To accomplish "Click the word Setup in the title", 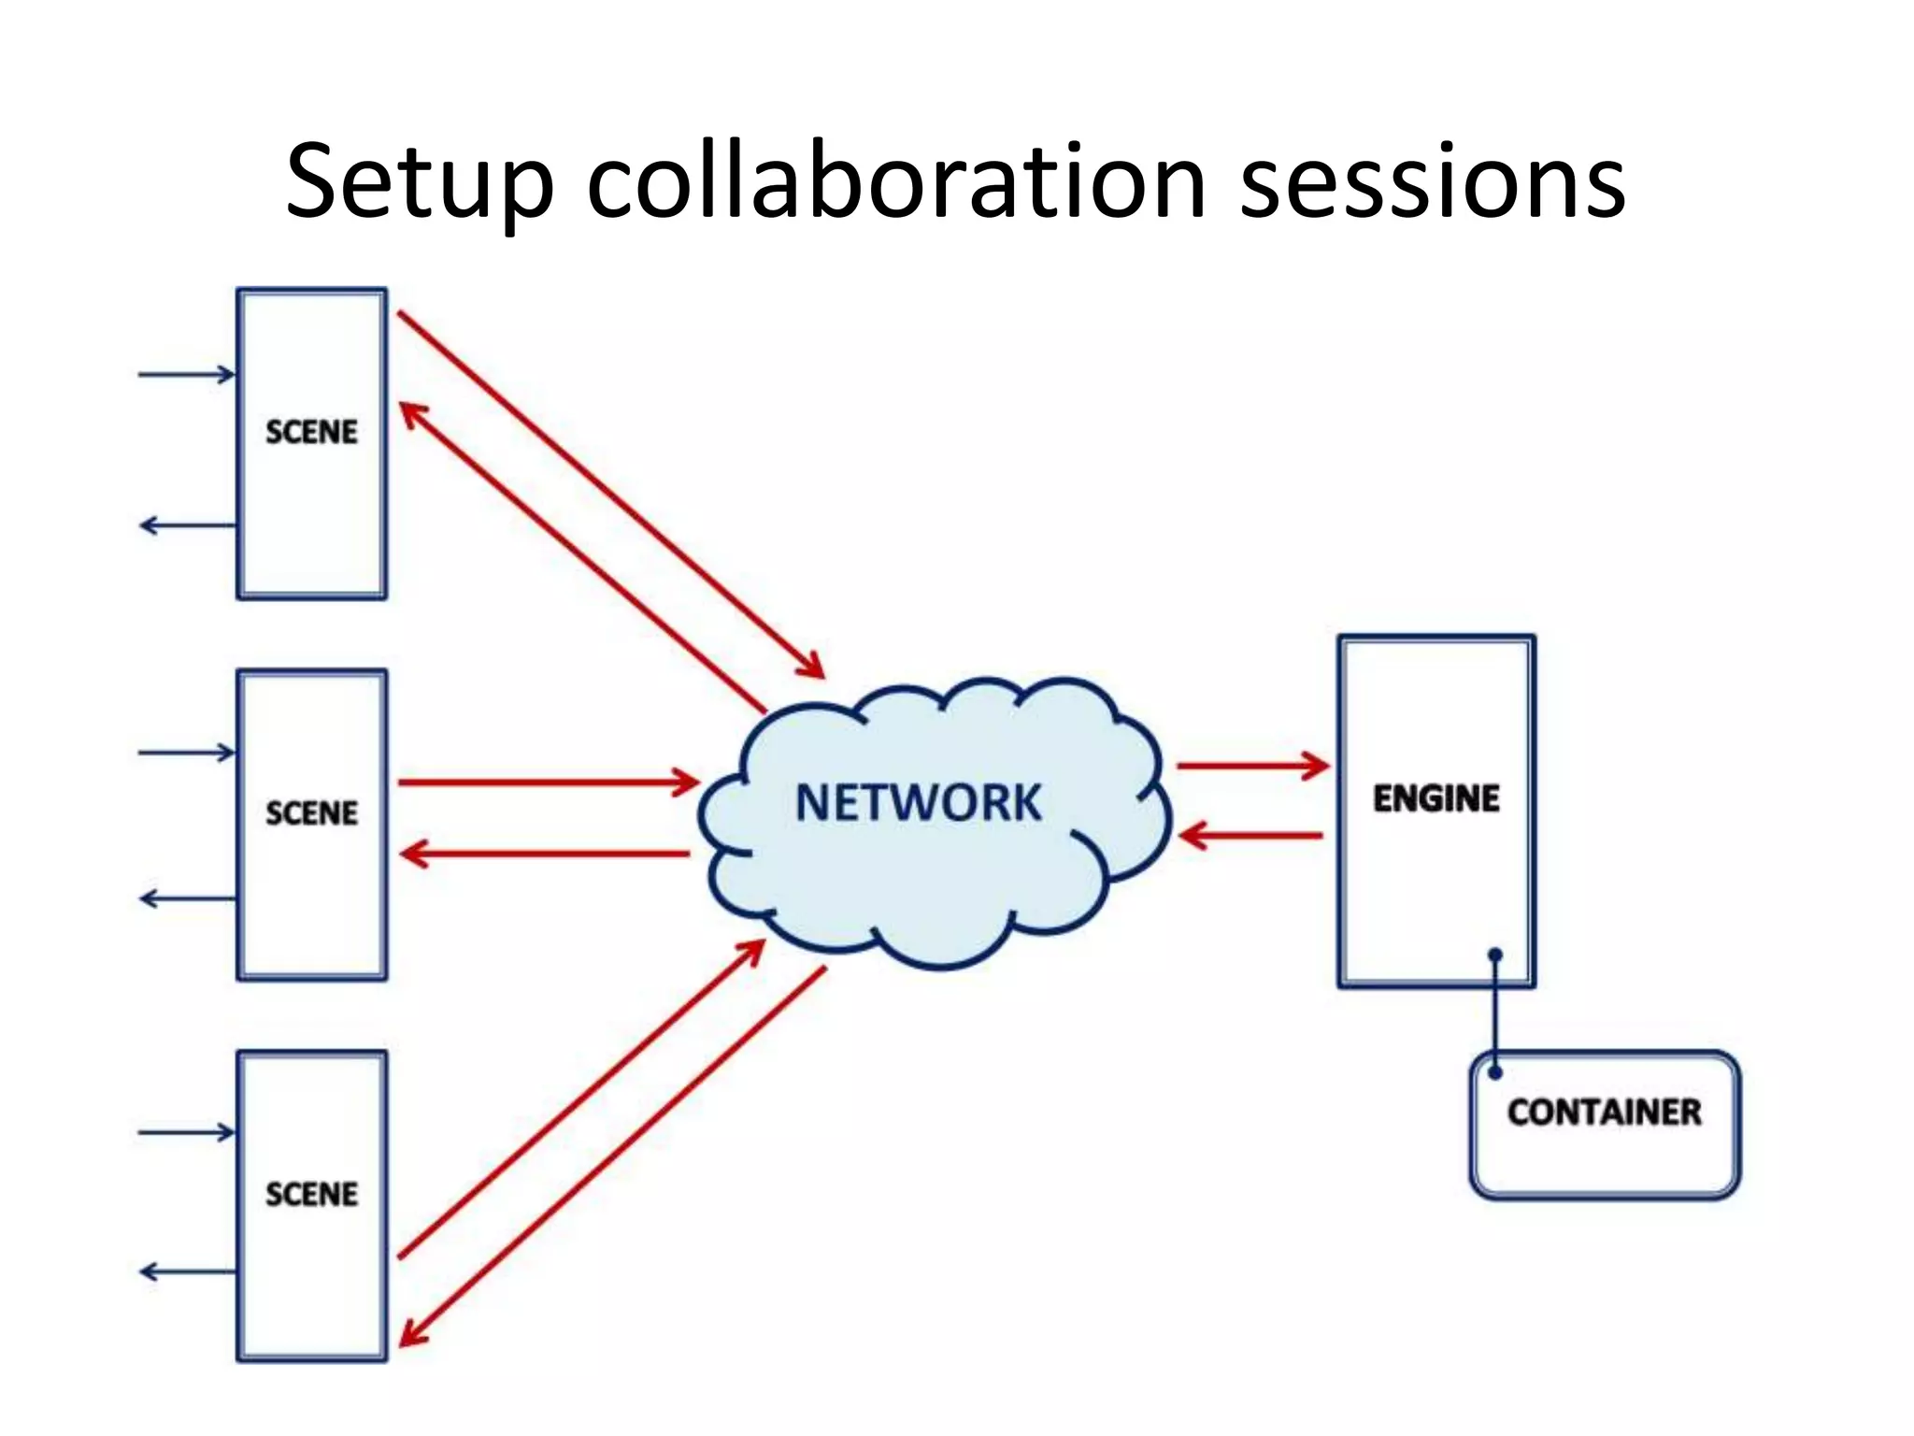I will coord(421,182).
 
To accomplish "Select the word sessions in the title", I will coord(1432,182).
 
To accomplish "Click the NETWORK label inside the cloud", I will coord(918,802).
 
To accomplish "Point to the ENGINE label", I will coord(1436,798).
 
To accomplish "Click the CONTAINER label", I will coord(1604,1112).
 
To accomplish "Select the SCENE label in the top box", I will coord(311,432).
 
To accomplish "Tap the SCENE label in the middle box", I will coord(311,813).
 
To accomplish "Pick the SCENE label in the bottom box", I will coord(311,1194).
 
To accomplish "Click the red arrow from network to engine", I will coord(1252,766).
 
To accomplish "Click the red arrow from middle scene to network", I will coord(548,782).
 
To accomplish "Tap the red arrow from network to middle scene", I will coord(546,853).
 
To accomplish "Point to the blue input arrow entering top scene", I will coord(187,375).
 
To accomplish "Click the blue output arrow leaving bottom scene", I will coord(187,1271).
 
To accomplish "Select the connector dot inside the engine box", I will coord(1495,955).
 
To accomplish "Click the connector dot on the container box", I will coord(1495,1072).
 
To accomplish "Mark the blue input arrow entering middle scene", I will coord(187,753).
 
